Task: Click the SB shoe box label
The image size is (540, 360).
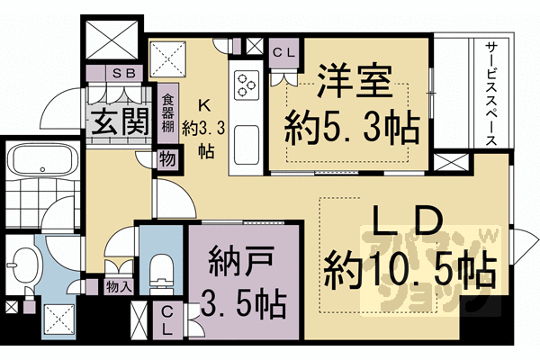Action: [x=121, y=74]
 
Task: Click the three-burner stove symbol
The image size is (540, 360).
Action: [x=246, y=86]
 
